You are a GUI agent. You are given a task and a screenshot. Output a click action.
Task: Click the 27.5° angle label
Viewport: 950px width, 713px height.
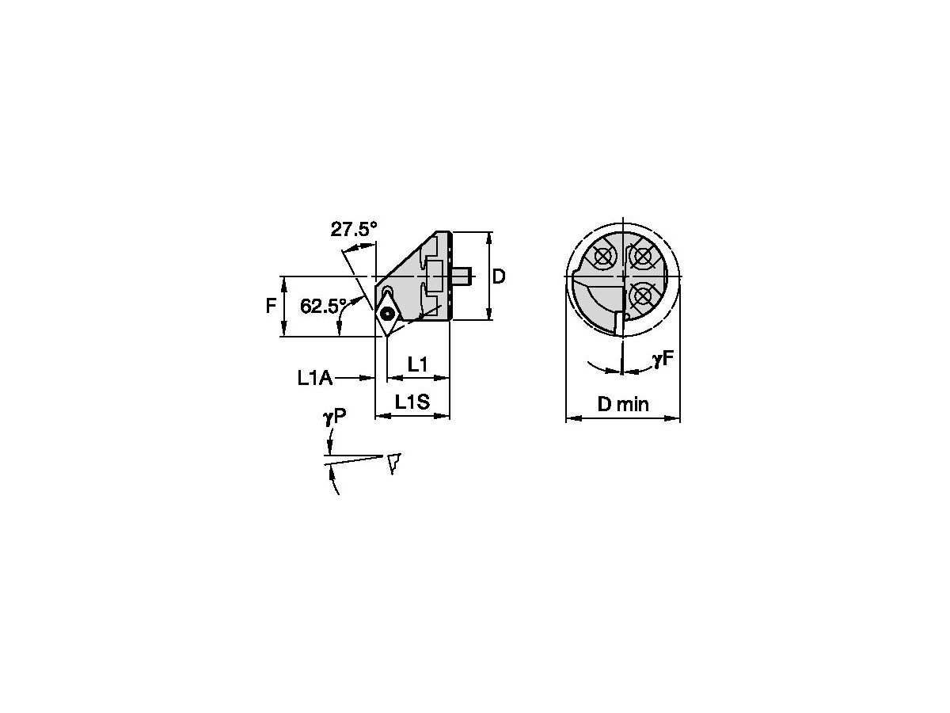[354, 230]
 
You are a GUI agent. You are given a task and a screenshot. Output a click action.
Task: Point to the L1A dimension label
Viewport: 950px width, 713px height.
[314, 379]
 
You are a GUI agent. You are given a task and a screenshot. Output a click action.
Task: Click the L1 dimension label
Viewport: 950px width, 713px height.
[417, 364]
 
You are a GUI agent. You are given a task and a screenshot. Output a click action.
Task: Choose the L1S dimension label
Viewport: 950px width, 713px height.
[412, 402]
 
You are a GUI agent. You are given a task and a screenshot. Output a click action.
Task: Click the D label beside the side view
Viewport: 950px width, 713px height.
[499, 276]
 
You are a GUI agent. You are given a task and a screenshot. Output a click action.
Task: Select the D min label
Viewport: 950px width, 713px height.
[622, 405]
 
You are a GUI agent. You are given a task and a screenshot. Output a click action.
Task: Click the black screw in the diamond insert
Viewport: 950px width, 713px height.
[387, 314]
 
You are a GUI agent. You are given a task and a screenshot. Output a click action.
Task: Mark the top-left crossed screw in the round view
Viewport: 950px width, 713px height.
[603, 256]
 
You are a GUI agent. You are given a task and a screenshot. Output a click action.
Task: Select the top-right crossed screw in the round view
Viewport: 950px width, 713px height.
[644, 256]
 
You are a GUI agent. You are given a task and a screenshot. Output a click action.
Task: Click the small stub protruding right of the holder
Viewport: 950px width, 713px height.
[462, 276]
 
